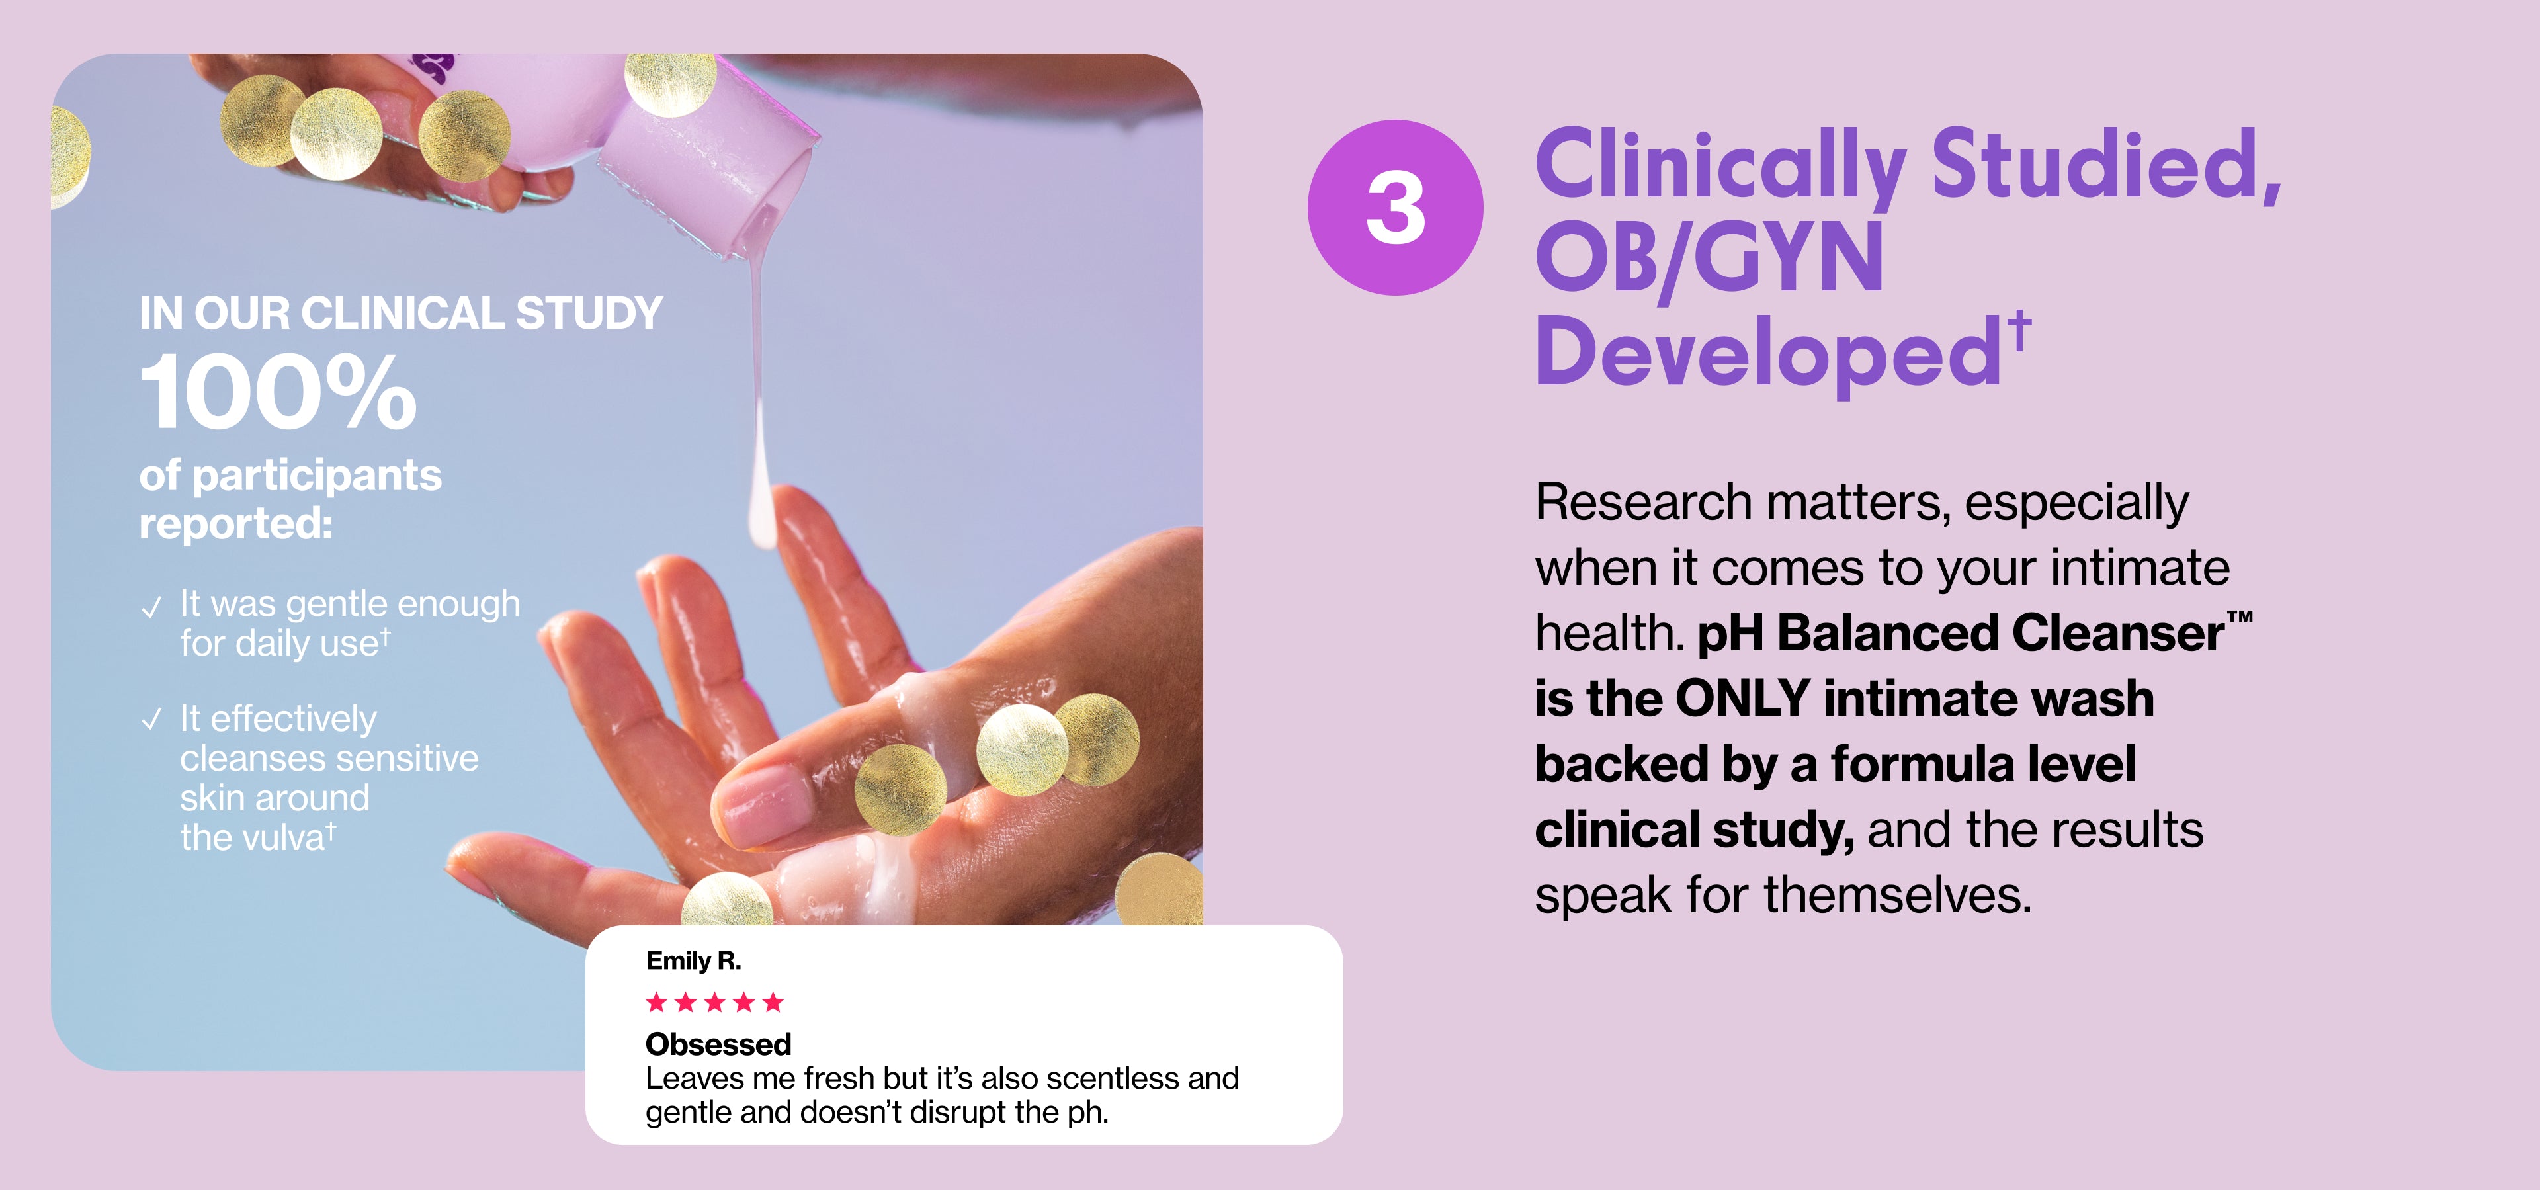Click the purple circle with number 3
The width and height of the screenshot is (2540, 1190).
1395,207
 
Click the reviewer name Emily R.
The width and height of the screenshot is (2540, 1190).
693,960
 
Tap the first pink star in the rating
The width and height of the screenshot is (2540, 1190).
657,1003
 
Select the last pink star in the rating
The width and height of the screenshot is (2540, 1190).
773,1003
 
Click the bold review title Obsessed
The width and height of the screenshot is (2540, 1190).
719,1043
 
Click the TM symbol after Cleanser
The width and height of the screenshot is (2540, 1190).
2239,619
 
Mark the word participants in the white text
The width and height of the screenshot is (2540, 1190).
317,477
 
